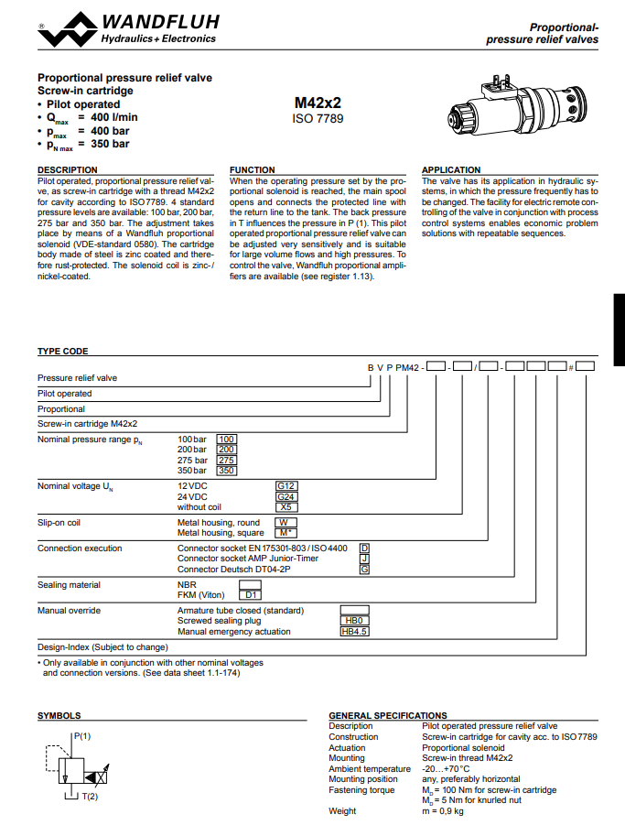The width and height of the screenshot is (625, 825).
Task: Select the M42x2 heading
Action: [318, 103]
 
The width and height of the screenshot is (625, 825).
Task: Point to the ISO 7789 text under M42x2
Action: [318, 119]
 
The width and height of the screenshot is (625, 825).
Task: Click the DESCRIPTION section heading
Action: [67, 170]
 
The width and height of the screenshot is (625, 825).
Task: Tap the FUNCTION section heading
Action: [252, 170]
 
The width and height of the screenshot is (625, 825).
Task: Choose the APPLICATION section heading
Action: [450, 170]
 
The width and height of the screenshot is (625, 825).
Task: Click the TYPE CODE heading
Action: [62, 352]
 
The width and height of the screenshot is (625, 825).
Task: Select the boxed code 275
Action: [226, 460]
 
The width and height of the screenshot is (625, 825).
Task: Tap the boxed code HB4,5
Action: [354, 631]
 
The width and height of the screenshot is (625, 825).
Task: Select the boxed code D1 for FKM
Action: [250, 595]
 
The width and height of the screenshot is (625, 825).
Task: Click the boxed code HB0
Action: [354, 621]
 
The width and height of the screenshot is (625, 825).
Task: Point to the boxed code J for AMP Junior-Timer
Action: [364, 559]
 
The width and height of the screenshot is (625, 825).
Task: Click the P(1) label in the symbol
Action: [82, 736]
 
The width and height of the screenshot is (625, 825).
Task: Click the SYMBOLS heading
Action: [59, 716]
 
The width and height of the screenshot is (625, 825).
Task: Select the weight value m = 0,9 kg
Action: [443, 810]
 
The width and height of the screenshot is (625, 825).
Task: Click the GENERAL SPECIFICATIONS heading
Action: [388, 716]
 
